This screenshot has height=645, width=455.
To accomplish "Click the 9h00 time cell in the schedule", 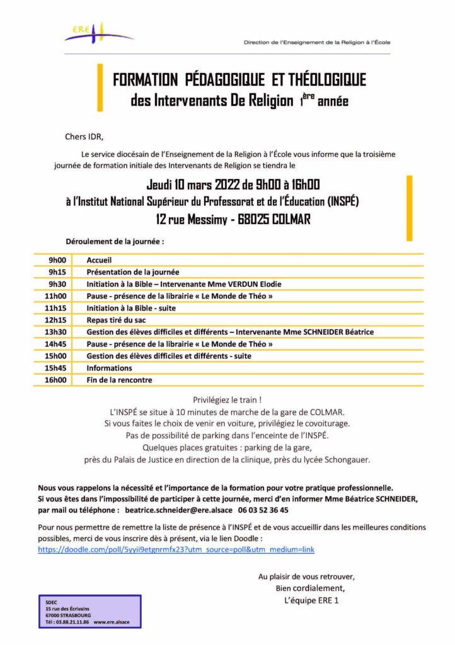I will (x=57, y=260).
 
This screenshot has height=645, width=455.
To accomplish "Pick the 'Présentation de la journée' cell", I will (x=133, y=272).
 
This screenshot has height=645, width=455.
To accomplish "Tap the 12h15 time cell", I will (x=57, y=320).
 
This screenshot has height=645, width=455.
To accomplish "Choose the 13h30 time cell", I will (x=57, y=332).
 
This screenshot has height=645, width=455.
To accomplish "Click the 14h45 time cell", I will (x=57, y=344).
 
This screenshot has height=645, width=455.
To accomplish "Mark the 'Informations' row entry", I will (x=110, y=368).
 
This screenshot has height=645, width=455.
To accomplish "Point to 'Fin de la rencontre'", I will (x=119, y=380).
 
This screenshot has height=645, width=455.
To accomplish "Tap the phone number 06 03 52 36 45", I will (x=265, y=510).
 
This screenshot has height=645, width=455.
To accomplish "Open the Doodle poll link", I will (x=176, y=549).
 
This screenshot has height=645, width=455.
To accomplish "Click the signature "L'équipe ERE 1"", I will (x=311, y=600).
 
